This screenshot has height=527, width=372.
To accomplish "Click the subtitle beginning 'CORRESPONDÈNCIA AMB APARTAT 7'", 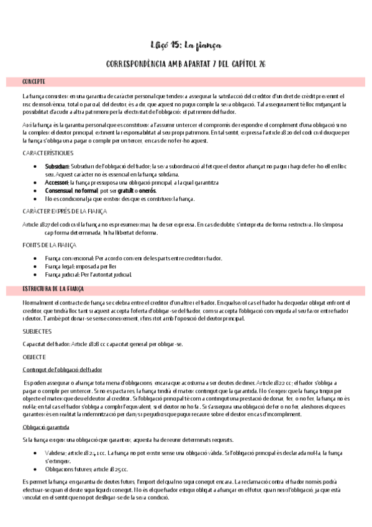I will tap(186, 64).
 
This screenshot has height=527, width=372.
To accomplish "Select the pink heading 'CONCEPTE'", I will tap(34, 82).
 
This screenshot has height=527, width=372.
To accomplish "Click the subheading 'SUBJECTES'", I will tap(37, 332).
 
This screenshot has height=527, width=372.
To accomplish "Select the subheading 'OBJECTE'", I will tap(34, 357).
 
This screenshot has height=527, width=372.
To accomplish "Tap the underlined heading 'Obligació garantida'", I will tap(45, 428).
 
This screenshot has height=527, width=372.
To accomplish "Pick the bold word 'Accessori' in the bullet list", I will tap(57, 183).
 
